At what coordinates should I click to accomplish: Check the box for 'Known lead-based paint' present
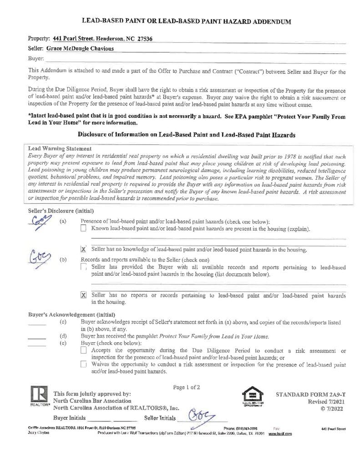pos(83,228)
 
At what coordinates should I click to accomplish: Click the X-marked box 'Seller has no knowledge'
pos(83,249)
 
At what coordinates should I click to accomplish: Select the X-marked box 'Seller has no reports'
pos(83,295)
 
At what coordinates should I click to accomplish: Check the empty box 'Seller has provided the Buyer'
pos(83,267)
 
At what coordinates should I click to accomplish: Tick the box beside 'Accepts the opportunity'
pos(83,350)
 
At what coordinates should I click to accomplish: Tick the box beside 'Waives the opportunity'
pos(83,364)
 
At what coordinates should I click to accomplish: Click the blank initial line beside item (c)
pos(37,324)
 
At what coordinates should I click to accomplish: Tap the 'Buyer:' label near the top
pos(36,58)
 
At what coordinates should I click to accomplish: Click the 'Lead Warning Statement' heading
pos(60,148)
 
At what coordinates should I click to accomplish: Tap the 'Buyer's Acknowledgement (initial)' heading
pos(71,314)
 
